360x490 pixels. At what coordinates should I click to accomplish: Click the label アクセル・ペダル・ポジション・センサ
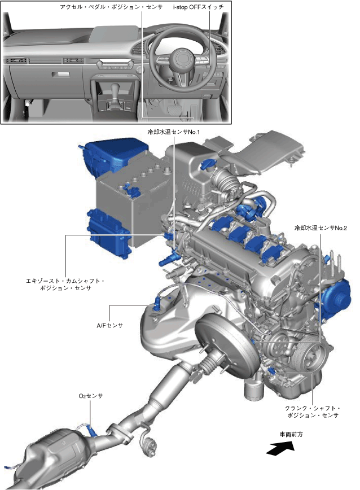[x=111, y=7]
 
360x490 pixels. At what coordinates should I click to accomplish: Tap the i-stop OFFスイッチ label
[x=198, y=7]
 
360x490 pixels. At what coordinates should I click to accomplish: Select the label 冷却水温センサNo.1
[x=174, y=132]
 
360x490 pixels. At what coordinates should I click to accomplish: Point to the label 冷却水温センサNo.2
[x=321, y=228]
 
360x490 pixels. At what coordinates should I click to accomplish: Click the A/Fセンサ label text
[x=109, y=326]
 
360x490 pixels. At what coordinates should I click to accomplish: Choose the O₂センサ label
[x=90, y=396]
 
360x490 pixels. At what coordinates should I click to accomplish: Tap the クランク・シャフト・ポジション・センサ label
[x=313, y=412]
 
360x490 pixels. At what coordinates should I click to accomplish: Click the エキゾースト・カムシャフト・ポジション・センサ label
[x=65, y=285]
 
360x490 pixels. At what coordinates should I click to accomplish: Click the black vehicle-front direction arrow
[x=280, y=448]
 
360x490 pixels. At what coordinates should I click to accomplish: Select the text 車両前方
[x=291, y=434]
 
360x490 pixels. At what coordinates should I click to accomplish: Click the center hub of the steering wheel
[x=184, y=59]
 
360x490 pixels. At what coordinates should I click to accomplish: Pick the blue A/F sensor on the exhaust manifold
[x=157, y=304]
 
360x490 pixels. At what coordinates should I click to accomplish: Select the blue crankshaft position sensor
[x=271, y=371]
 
